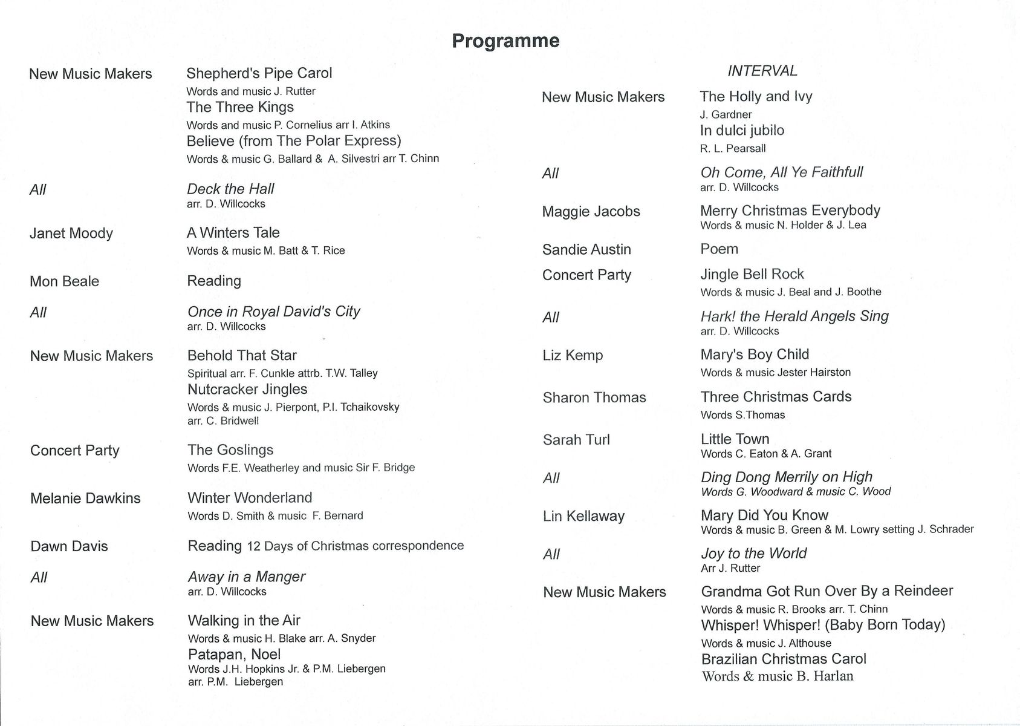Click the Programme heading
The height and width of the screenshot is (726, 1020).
coord(505,41)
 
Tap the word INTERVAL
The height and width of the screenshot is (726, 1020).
coord(762,71)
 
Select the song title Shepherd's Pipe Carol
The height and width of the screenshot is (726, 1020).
coord(259,73)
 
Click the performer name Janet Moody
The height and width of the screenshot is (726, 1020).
coord(71,233)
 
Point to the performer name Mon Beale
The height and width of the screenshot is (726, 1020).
coord(64,281)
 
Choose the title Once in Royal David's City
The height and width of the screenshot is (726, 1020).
coord(273,312)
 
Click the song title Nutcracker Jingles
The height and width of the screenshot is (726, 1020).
coord(247,389)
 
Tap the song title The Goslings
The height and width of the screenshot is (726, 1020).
coord(230,450)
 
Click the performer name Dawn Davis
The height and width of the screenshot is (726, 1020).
coord(69,546)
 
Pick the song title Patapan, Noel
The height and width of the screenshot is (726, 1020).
coord(234,654)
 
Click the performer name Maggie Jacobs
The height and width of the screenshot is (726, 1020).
coord(591,211)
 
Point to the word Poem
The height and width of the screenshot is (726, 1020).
coord(719,249)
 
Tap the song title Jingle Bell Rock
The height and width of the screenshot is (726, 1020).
coord(752,274)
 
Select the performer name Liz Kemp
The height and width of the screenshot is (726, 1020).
coord(573,355)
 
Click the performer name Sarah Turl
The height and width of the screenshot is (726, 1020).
coord(576,440)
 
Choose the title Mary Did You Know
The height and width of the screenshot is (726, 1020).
coord(764,515)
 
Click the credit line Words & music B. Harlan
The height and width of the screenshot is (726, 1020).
coord(778,676)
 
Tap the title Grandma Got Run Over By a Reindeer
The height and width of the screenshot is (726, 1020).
coord(827,590)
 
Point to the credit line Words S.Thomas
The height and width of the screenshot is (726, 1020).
coord(742,414)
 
